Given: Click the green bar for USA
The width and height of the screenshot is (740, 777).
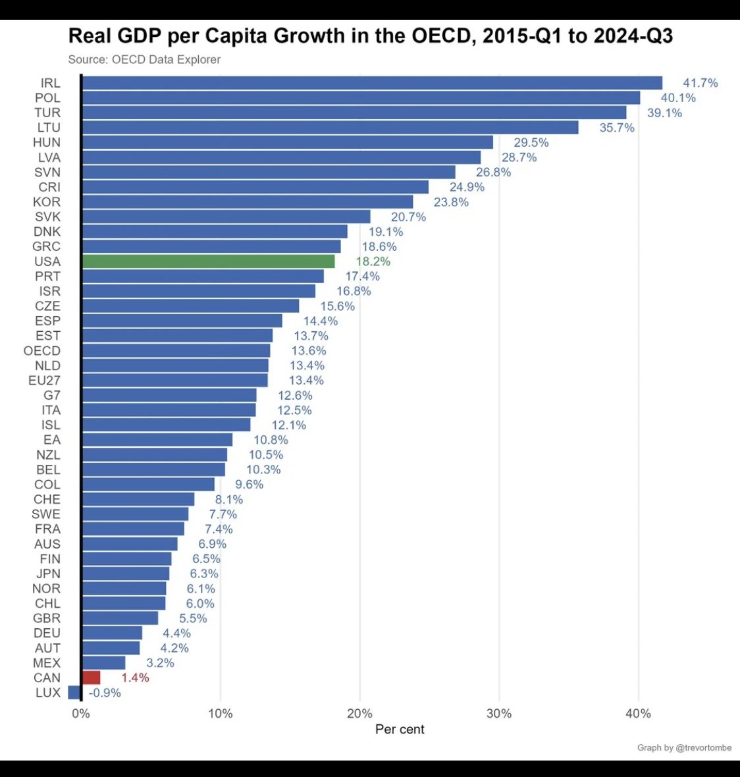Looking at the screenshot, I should (208, 261).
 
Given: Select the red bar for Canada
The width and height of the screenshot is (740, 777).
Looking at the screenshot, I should (92, 678).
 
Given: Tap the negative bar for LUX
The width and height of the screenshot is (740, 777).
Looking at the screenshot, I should (74, 693).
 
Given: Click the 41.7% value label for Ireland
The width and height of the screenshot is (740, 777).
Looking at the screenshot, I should (700, 83).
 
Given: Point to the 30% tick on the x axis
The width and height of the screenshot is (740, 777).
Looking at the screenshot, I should (499, 714).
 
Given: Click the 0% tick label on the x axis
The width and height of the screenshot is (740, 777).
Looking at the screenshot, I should (81, 714).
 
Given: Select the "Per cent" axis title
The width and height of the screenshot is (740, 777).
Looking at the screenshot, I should (400, 730).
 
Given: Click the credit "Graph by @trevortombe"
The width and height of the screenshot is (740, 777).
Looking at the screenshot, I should (684, 747).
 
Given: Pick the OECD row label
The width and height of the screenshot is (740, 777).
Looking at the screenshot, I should (42, 351).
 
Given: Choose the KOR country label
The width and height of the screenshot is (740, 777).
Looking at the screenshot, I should (47, 202).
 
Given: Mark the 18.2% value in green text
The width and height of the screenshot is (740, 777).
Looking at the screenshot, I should (373, 261).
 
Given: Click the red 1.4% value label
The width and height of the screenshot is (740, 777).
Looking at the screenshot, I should (135, 678).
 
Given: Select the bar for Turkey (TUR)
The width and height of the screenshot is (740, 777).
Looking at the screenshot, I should (354, 113).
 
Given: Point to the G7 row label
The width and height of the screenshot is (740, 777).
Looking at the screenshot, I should (52, 396).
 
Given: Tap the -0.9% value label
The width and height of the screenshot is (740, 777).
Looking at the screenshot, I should (105, 693).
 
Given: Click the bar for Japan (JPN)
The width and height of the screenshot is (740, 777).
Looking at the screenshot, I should (126, 574).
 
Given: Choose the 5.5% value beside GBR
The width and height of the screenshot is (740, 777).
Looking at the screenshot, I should (193, 618).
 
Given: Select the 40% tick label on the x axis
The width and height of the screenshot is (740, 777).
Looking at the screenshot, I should (638, 714).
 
